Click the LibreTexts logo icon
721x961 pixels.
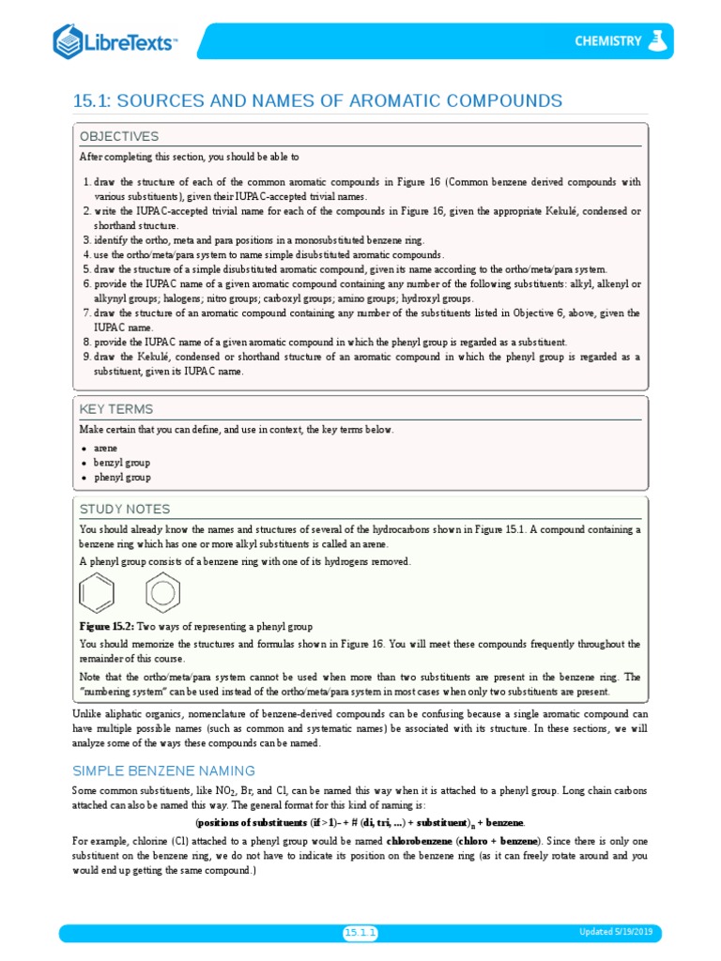(x=67, y=41)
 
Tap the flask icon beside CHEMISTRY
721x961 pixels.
(x=655, y=40)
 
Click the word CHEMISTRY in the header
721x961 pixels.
(x=607, y=41)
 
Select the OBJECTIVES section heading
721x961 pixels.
(x=118, y=136)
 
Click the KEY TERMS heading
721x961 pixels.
(x=116, y=409)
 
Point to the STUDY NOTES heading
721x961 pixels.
(x=125, y=509)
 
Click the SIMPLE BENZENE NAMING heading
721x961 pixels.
(x=163, y=770)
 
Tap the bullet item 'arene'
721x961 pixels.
(x=105, y=449)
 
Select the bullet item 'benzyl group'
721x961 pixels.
(x=121, y=463)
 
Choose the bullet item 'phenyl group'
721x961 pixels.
(x=121, y=477)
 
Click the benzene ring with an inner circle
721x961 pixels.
(x=162, y=592)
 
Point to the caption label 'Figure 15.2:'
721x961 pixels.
(x=108, y=626)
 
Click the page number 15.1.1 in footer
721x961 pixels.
(x=360, y=932)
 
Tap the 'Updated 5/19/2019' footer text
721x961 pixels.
(x=620, y=932)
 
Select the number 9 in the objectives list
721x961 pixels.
(x=85, y=357)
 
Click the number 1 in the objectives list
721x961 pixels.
(x=85, y=182)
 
